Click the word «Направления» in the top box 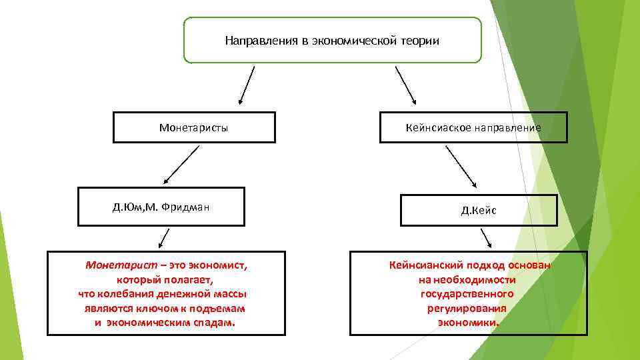point(257,41)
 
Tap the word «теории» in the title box point(419,41)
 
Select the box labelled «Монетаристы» point(193,127)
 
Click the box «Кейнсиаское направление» point(473,127)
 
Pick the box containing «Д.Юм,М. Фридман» point(161,207)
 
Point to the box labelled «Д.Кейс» point(479,211)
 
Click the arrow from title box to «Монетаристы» point(247,85)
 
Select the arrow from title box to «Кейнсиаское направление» point(406,85)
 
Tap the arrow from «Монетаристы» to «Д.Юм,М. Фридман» point(181,165)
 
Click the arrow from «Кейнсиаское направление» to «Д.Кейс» point(461,166)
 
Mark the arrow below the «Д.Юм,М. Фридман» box point(163,238)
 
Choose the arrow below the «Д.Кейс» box point(486,239)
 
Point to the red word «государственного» point(467,294)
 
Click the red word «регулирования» point(467,308)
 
